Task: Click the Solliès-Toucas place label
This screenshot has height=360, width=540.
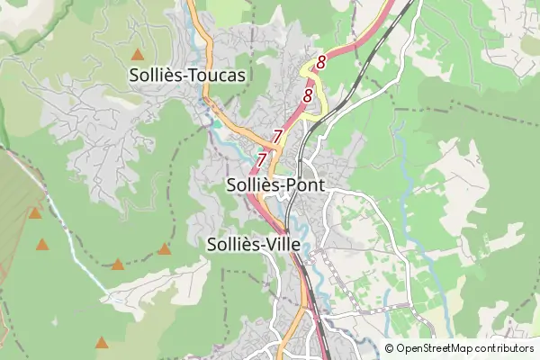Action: (187, 76)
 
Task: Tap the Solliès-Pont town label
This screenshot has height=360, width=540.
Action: (274, 184)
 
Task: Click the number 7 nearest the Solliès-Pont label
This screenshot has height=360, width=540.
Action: (262, 159)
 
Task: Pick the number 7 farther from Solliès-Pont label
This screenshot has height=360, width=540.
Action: (277, 136)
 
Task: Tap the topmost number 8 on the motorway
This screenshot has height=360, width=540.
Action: (320, 62)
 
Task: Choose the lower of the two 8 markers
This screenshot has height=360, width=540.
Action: (308, 94)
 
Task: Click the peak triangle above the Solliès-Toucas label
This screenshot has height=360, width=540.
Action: (137, 55)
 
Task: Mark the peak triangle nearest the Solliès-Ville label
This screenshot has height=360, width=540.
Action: (164, 249)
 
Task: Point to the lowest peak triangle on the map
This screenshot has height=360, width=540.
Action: (102, 343)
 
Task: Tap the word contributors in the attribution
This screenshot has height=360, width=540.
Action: (505, 348)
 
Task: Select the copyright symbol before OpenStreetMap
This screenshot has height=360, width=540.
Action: (390, 348)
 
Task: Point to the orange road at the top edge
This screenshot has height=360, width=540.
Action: (201, 18)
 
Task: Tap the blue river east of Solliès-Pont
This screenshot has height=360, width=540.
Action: (410, 198)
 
